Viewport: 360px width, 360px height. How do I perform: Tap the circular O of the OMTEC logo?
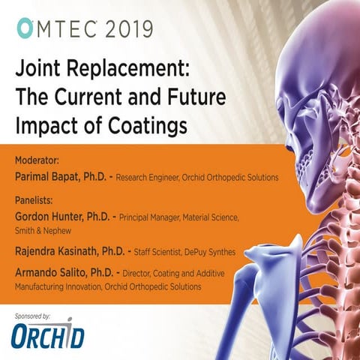coord(23,28)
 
